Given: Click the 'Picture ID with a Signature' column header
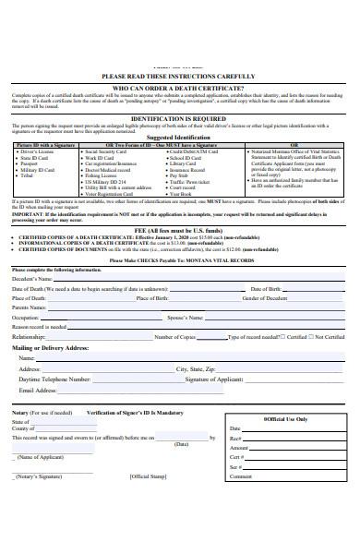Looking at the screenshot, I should (x=47, y=145).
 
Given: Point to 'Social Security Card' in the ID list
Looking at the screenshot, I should (x=107, y=151).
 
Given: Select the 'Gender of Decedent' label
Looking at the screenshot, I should (x=268, y=298).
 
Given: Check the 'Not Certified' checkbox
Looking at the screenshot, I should (x=312, y=337).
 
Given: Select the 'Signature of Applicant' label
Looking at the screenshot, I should (x=213, y=379).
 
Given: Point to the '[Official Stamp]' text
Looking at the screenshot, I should (x=147, y=476).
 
